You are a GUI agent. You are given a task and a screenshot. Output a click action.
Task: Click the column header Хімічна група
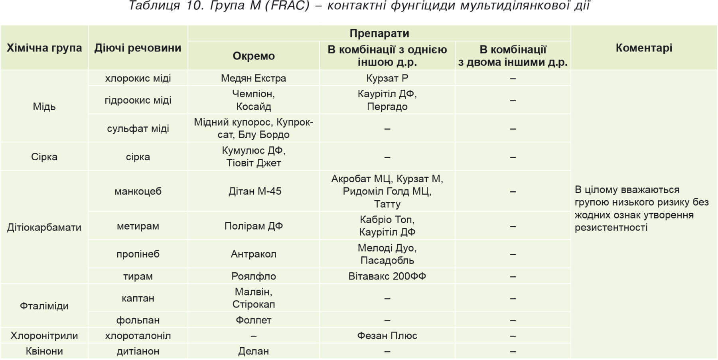[44, 48]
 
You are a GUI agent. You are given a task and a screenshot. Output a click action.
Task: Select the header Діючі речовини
[138, 48]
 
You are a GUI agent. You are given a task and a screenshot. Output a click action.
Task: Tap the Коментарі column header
[643, 48]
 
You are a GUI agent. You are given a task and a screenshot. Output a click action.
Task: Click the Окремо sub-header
[254, 56]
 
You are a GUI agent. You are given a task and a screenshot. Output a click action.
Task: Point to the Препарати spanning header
[379, 33]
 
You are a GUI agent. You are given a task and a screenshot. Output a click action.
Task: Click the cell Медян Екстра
[254, 78]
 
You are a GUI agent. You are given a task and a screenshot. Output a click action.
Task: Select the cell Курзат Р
[387, 78]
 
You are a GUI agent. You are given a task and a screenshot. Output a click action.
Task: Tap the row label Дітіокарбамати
[44, 227]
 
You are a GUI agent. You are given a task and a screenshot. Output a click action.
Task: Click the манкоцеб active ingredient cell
[138, 191]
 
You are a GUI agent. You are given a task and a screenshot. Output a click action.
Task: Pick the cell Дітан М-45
[254, 191]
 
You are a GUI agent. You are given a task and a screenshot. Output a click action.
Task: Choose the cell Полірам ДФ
[254, 226]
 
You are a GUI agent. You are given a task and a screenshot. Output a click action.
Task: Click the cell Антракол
[254, 254]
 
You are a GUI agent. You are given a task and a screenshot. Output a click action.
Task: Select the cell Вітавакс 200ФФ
[387, 276]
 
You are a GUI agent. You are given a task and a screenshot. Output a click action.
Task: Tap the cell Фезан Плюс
[387, 336]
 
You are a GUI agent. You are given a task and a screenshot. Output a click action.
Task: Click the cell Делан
[254, 351]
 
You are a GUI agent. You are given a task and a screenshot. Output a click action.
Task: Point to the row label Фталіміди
[44, 306]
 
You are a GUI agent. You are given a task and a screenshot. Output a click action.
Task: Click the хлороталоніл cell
[138, 336]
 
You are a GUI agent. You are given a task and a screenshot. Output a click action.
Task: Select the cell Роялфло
[254, 276]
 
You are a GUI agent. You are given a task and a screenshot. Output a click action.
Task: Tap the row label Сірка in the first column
[44, 157]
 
